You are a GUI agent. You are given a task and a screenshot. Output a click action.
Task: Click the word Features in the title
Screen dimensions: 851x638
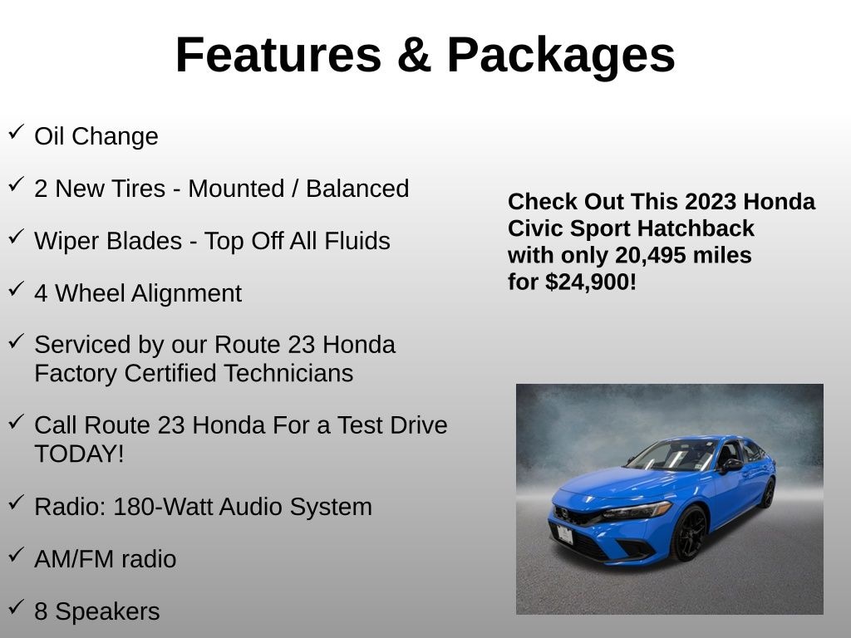click(x=279, y=55)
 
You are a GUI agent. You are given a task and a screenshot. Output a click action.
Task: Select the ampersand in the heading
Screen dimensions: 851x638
click(x=414, y=55)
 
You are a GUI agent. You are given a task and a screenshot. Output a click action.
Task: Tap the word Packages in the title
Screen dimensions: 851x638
click(x=561, y=57)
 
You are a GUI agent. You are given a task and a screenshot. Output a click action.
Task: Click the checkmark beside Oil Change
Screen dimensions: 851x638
click(x=17, y=132)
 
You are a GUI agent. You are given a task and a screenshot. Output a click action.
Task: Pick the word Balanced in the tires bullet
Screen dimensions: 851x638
click(x=357, y=189)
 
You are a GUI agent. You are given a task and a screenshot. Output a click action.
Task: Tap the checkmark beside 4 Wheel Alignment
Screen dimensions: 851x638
click(x=17, y=288)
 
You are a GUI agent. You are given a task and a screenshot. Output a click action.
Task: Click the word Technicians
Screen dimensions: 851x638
click(x=288, y=373)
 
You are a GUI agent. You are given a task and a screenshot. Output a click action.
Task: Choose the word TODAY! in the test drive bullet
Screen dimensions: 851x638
click(x=79, y=454)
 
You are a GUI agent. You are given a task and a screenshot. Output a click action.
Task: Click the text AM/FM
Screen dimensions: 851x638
click(x=74, y=559)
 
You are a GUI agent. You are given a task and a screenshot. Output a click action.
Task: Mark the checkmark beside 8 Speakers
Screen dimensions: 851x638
click(x=17, y=606)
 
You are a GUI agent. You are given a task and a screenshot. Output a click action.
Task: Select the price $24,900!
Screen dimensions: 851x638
click(x=591, y=282)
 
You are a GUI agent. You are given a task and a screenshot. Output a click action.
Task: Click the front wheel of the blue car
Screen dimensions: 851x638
click(x=690, y=534)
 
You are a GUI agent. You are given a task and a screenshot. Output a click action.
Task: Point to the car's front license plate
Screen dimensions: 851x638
click(x=564, y=535)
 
